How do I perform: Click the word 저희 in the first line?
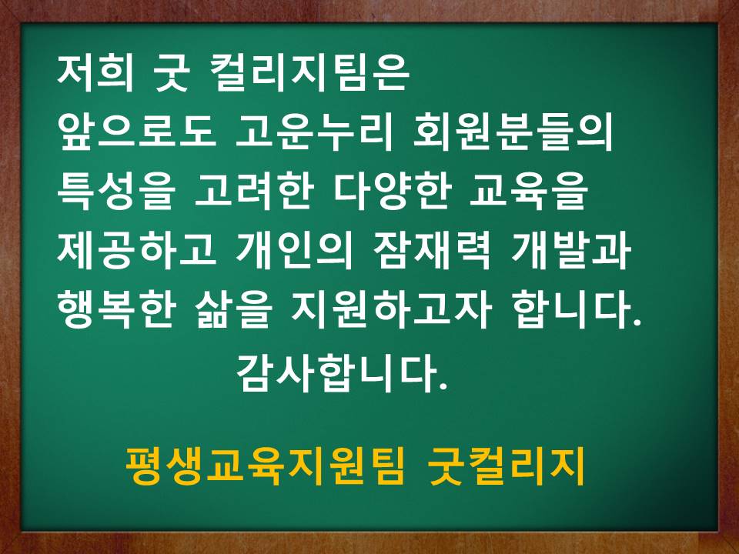point(95,74)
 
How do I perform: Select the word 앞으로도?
point(136,133)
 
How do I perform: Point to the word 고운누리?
point(313,133)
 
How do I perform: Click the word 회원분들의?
point(513,133)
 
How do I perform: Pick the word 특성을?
point(116,192)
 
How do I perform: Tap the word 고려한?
point(254,192)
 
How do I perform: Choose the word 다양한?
point(392,192)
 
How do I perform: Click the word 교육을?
point(529,192)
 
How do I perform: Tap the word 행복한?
point(116,310)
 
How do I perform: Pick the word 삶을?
point(232,310)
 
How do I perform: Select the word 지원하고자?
point(391,310)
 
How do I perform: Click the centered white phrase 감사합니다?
point(341,374)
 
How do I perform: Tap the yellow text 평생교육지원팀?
point(265,466)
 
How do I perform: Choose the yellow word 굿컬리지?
point(507,466)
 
